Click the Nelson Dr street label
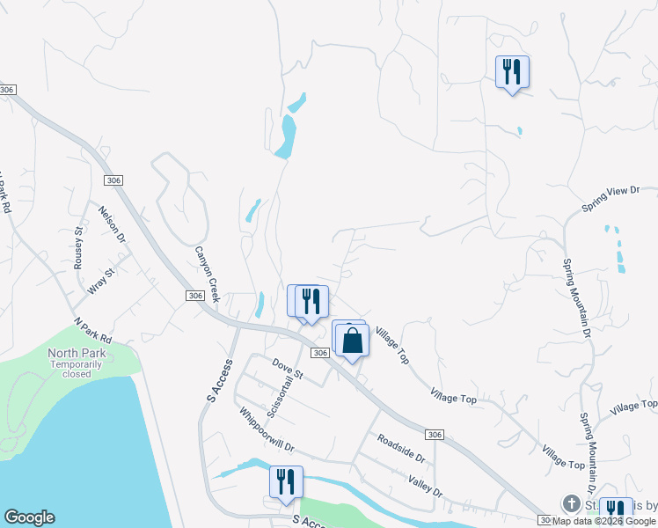pos(113,224)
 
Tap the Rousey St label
pos(78,241)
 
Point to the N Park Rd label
pos(93,332)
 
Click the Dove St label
pos(287,369)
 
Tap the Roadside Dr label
pos(400,448)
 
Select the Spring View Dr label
pos(608,198)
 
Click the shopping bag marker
pos(352,340)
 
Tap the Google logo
pos(29,517)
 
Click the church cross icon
pos(570,504)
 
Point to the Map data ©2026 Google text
pos(603,521)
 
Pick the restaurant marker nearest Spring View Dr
pos(512,72)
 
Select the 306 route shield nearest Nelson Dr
pos(112,180)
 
